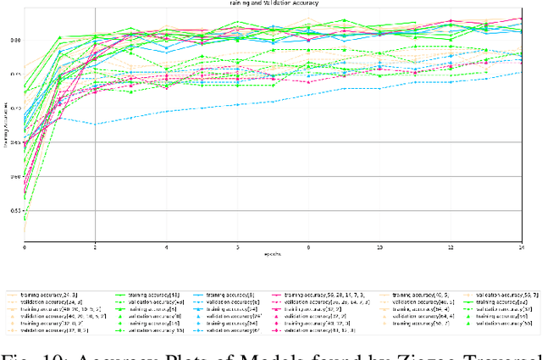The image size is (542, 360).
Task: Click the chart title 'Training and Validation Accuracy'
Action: (x=271, y=3)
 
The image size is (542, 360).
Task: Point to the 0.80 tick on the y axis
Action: (x=16, y=40)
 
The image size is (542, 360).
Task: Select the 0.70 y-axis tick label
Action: (x=16, y=108)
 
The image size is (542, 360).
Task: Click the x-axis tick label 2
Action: (x=95, y=247)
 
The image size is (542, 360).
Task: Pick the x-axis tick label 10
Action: (x=379, y=247)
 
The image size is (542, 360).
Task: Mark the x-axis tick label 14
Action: (x=521, y=247)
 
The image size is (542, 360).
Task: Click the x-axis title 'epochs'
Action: (x=272, y=253)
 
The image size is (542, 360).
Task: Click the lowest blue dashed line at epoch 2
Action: (x=95, y=125)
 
